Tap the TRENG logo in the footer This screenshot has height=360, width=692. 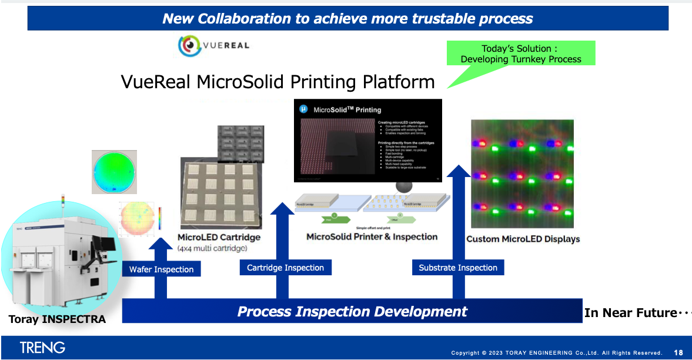[x=42, y=348]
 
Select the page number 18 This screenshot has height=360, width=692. [x=678, y=352]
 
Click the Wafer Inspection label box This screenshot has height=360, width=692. [x=162, y=269]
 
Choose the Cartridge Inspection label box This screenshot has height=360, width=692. [x=285, y=268]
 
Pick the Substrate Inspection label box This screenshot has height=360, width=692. [x=458, y=268]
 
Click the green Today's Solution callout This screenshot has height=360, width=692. [x=520, y=54]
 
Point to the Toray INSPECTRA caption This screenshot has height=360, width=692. [x=57, y=319]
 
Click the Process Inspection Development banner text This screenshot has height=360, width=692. [x=352, y=311]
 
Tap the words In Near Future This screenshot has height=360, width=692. [x=630, y=313]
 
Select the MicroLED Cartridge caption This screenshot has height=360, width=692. [x=219, y=238]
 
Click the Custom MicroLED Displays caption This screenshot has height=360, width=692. [x=523, y=239]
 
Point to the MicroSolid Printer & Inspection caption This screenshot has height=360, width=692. [x=372, y=236]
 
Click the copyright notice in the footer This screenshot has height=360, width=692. [x=556, y=352]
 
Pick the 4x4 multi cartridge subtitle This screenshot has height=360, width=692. [x=212, y=249]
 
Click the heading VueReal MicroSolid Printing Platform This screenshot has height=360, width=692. [x=278, y=81]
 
